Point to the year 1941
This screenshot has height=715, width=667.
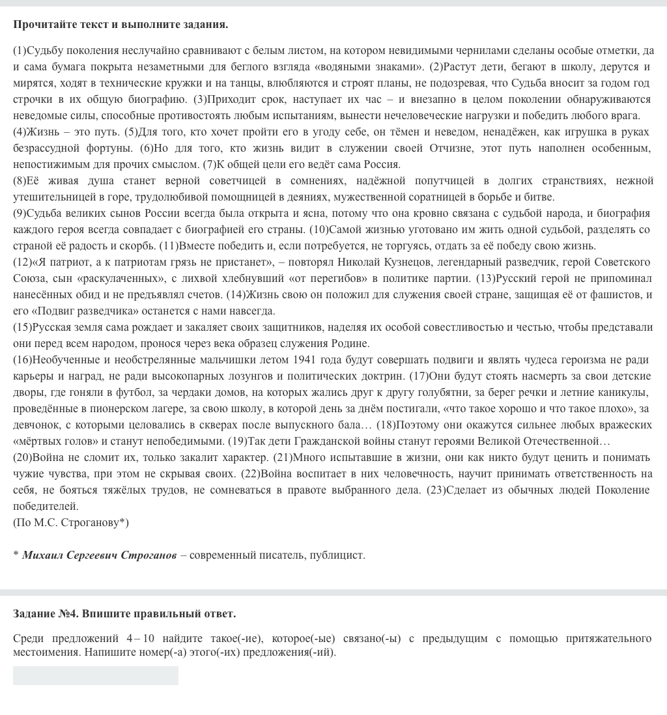tap(305, 359)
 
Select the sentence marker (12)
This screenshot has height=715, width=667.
tap(21, 262)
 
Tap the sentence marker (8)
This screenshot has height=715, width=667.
tap(20, 180)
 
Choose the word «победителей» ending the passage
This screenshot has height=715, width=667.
tap(45, 506)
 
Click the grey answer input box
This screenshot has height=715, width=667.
tap(96, 675)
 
